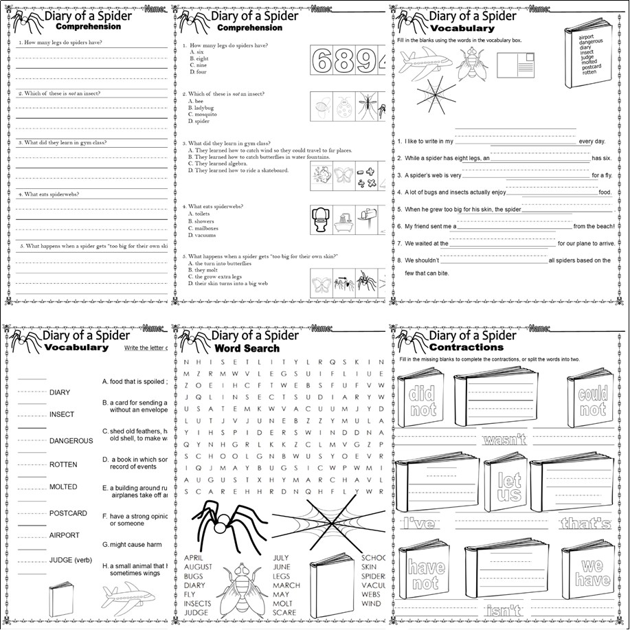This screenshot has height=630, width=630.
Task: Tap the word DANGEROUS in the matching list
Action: point(71,440)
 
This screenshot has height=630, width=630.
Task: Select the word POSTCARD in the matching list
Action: point(68,513)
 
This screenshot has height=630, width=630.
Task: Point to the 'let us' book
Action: point(508,487)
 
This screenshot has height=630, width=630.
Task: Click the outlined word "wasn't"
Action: point(504,440)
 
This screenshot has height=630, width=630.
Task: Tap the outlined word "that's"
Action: point(585,524)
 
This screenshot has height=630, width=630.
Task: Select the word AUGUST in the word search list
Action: point(198,567)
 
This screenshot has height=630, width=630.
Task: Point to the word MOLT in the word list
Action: point(282,603)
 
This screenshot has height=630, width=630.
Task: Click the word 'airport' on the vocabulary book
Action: point(587,37)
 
